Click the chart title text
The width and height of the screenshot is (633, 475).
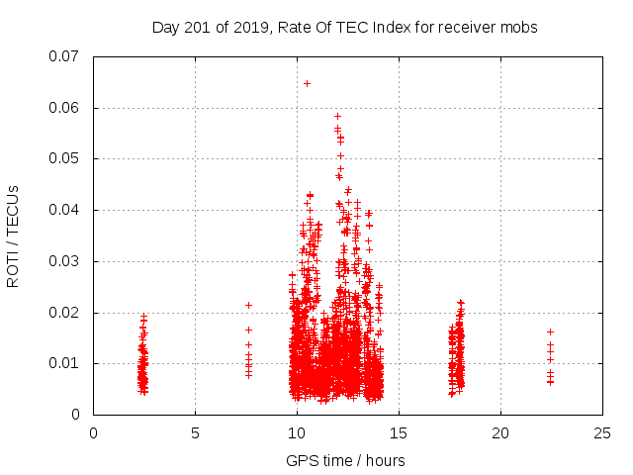344,28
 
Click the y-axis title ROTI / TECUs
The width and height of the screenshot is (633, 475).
13,236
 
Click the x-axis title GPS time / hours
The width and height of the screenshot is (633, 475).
345,460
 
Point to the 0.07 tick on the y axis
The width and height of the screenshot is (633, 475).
65,56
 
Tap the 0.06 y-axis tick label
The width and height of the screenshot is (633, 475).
65,108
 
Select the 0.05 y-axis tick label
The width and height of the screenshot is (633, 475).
65,158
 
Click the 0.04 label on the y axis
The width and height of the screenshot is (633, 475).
65,210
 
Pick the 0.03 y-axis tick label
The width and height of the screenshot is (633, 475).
65,261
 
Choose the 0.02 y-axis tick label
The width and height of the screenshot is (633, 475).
65,313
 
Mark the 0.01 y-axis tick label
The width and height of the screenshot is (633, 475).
65,363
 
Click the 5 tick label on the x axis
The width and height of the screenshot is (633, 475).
195,432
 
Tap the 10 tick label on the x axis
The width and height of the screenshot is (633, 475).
297,432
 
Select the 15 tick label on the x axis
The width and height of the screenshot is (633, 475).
399,432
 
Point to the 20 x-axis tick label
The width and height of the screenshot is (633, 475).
500,432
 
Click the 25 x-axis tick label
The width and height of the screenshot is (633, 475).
602,432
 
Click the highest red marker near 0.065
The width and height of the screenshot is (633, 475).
307,83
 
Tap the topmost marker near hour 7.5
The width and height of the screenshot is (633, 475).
248,305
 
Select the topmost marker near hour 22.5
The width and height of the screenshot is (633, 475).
550,332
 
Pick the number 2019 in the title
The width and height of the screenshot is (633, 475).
241,28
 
